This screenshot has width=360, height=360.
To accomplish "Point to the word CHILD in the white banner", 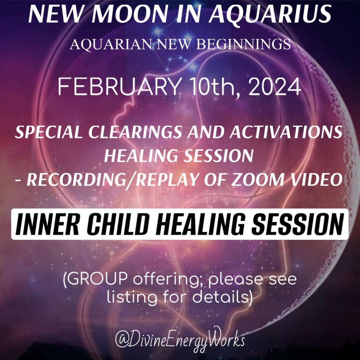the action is click(117, 224).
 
